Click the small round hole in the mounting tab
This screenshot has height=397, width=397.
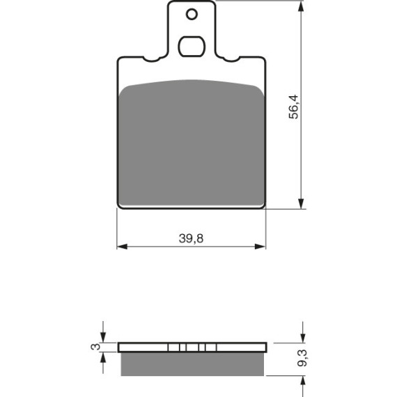[192, 14]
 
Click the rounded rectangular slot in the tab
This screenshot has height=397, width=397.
[192, 47]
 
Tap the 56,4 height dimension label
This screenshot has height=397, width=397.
[294, 107]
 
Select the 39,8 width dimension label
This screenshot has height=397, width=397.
[191, 238]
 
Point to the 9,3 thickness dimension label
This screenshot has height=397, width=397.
[302, 358]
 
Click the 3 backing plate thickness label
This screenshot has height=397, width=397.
[95, 347]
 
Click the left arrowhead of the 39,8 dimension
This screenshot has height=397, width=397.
[122, 247]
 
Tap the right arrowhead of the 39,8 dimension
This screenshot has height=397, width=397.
[260, 247]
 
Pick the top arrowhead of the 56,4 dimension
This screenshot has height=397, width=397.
[301, 6]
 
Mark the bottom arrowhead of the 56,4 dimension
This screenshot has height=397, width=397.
[301, 204]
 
